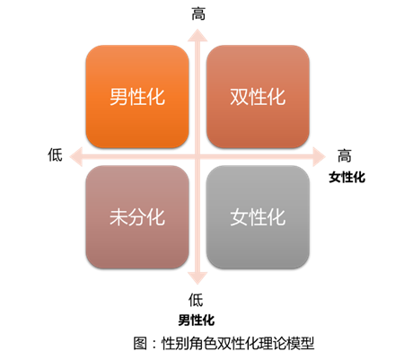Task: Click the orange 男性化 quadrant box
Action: [137, 96]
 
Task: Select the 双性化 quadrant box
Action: [258, 96]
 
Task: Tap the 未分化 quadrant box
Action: [137, 217]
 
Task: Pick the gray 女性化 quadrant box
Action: [258, 217]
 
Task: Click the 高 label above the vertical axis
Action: [198, 13]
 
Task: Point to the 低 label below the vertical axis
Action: [196, 300]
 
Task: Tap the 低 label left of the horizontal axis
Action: [56, 155]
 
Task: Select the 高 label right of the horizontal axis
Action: [345, 155]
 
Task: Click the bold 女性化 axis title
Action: [347, 177]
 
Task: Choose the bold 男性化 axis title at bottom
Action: [197, 320]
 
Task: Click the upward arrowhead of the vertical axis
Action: [198, 35]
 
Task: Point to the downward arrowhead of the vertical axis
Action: [198, 278]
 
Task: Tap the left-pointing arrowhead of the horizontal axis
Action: [75, 156]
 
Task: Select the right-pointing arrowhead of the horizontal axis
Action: [319, 156]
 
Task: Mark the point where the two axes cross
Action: [198, 156]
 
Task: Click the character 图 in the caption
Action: [140, 343]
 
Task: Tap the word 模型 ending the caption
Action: [300, 343]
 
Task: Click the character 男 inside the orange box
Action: [119, 97]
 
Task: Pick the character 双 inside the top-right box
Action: [239, 97]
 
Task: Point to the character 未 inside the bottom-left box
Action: [119, 217]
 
